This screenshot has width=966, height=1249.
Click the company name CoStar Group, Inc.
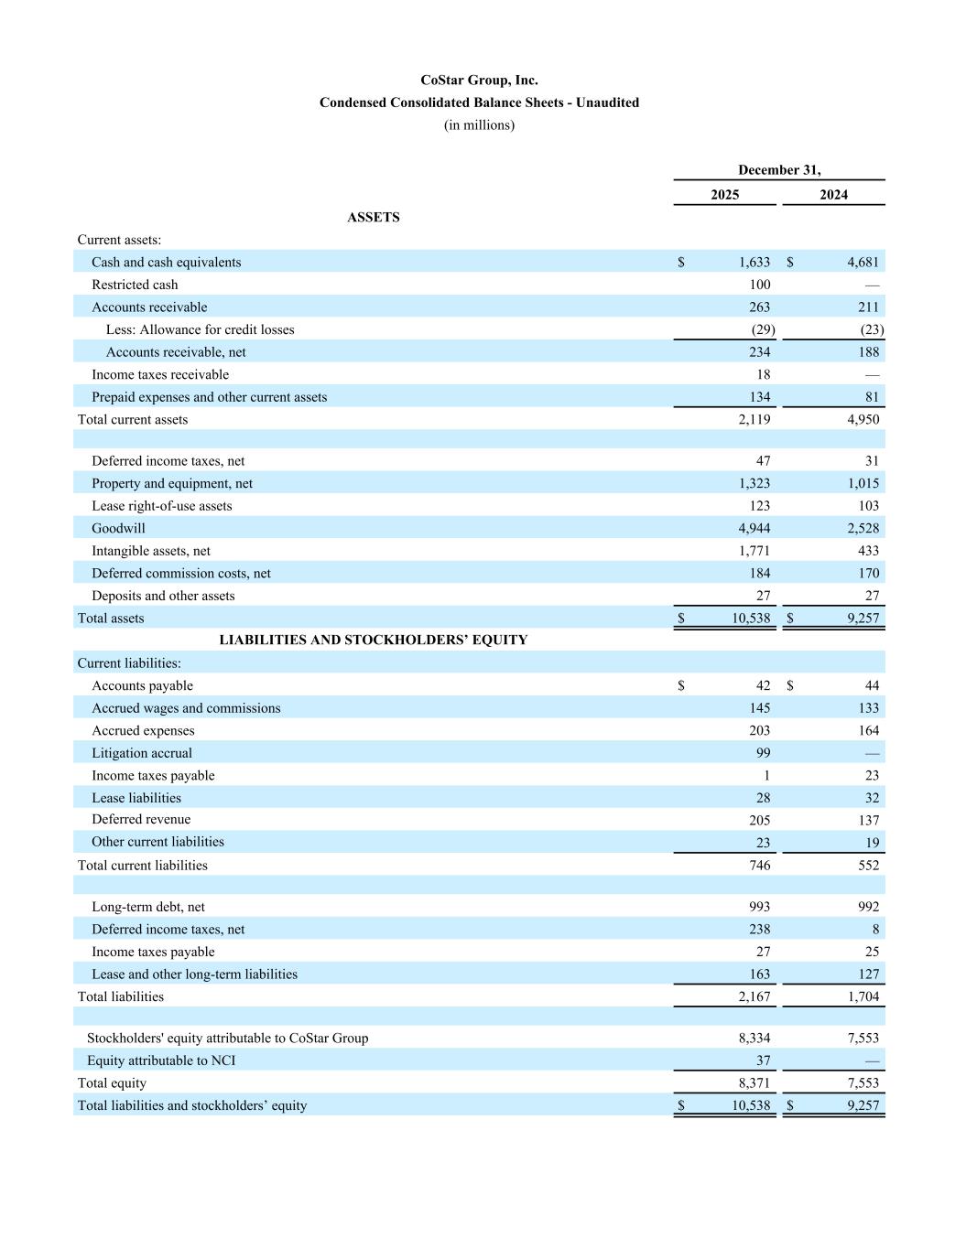[x=479, y=81]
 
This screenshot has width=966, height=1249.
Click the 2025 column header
[x=724, y=195]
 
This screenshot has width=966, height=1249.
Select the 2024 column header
[x=833, y=195]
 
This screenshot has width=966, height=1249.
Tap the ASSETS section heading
[x=374, y=218]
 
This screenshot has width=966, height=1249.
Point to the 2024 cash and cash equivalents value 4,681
[x=863, y=263]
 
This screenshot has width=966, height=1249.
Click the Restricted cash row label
[x=135, y=285]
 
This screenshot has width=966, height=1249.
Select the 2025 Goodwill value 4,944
[x=754, y=528]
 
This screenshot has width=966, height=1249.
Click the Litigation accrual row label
[x=142, y=753]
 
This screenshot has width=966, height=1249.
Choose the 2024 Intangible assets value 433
[x=868, y=551]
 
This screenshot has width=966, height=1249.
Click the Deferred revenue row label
[x=141, y=820]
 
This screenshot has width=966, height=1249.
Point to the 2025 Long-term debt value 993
[x=759, y=907]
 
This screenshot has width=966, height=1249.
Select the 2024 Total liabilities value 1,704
[x=863, y=996]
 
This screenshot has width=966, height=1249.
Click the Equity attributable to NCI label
[x=161, y=1061]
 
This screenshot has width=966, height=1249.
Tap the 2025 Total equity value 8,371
[x=754, y=1083]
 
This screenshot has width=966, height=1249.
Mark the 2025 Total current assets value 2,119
[x=754, y=420]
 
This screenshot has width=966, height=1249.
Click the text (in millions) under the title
[x=479, y=125]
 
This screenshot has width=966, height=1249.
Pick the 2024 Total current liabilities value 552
[x=868, y=866]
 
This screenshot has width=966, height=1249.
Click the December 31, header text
[x=779, y=170]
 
